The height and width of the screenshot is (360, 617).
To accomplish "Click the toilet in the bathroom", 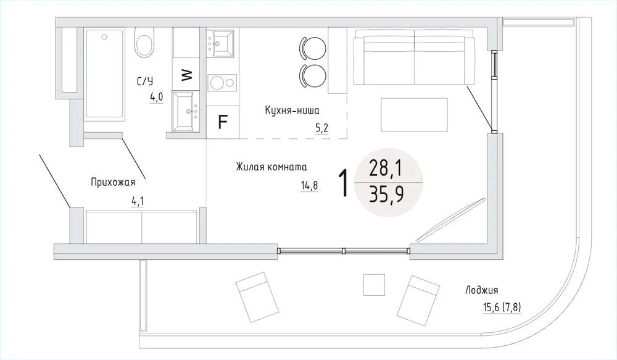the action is tap(144, 43).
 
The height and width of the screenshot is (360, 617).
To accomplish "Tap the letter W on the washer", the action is tap(187, 75).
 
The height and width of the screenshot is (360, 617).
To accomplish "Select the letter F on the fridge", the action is tap(223, 122).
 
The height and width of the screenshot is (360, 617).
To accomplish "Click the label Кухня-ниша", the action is tap(292, 111).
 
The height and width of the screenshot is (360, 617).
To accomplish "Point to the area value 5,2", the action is tap(321, 128).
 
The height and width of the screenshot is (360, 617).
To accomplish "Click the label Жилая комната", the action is tap(271, 167).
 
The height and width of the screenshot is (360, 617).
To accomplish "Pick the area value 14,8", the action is tap(309, 185).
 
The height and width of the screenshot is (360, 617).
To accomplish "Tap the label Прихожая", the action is tap(113, 182).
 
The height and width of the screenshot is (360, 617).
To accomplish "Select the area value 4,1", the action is tap(138, 201).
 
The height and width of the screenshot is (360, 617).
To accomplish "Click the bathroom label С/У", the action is tap(145, 81).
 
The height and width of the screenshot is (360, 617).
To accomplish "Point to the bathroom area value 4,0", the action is tap(156, 96).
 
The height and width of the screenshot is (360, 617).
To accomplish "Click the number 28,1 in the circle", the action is tap(386, 169).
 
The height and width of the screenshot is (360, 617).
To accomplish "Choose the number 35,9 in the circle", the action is tap(386, 194).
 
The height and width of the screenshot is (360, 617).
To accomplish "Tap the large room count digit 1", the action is tap(344, 182).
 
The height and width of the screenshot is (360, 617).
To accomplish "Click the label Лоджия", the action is tap(482, 291).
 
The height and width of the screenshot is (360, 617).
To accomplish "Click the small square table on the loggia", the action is tap(374, 285).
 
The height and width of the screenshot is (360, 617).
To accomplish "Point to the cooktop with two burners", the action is tap(222, 83).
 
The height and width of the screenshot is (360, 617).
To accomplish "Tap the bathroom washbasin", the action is tap(186, 112).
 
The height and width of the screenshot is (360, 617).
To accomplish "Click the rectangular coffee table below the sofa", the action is tap(415, 115).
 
